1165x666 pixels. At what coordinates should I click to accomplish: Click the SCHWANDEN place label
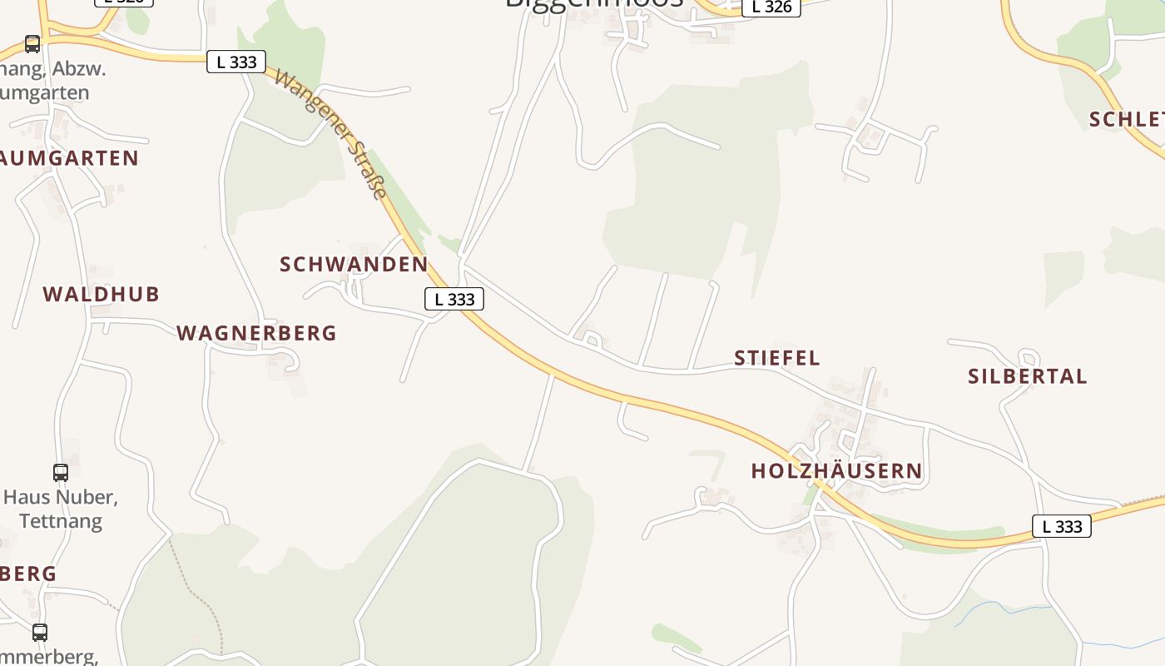(x=354, y=265)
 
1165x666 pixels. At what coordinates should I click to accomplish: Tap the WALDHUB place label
(x=101, y=294)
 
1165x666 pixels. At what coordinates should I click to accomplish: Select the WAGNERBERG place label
(x=256, y=333)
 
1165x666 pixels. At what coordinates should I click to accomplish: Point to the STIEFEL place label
(x=776, y=358)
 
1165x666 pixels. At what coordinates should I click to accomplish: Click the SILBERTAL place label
(x=1027, y=376)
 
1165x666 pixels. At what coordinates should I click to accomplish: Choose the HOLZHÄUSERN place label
(x=836, y=471)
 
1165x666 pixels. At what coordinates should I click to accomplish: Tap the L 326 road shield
(x=771, y=7)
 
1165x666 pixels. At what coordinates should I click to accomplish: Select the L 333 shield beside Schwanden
(x=454, y=299)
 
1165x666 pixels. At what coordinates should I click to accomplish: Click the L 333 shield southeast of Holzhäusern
(x=1061, y=526)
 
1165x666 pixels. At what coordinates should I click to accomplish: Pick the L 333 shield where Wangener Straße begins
(x=236, y=62)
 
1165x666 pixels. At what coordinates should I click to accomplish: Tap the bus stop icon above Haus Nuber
(x=61, y=473)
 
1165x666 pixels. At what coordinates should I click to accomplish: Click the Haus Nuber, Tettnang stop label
(x=61, y=509)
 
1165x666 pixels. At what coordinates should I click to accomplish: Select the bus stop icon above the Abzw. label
(x=32, y=43)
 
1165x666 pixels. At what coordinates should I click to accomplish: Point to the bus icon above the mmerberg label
(x=40, y=632)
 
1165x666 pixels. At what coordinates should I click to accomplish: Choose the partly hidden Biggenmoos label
(x=594, y=3)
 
